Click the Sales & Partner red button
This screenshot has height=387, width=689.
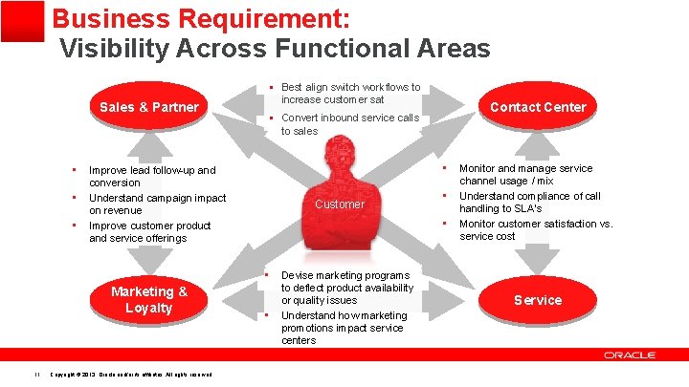coord(148,107)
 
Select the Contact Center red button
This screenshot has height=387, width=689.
coord(538,107)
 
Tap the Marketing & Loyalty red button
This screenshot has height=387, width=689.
coord(148,299)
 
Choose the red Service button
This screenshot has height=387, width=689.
coord(538,300)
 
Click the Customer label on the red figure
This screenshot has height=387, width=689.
coord(340,204)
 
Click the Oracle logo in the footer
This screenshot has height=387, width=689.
coord(629,355)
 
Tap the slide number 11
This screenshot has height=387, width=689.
coord(34,374)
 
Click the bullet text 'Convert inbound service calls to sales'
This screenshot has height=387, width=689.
coord(349,124)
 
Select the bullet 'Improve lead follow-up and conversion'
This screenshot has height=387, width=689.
coord(151,176)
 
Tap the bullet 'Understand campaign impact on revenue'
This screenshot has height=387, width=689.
coord(157,204)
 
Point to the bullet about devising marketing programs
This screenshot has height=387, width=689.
coord(346,287)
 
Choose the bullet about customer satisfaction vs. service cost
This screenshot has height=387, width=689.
coord(535,229)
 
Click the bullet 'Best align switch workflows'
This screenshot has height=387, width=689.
coord(350,93)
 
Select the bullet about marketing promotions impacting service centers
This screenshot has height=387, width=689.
coord(344,327)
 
